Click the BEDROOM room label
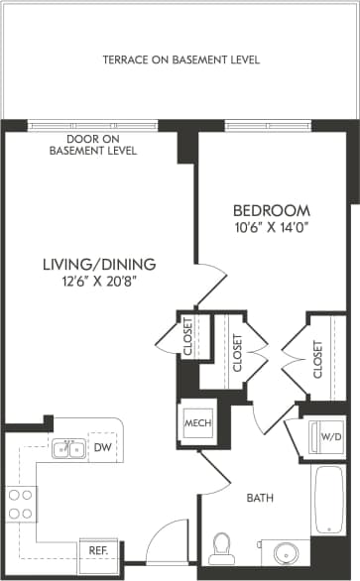point(271,211)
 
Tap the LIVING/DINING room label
point(100,264)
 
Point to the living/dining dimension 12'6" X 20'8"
point(100,282)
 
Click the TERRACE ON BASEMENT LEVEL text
point(180,60)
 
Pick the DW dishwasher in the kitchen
point(101,448)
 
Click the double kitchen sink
point(67,451)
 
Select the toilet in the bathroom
point(222,549)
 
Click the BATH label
point(261,498)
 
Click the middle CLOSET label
point(237,352)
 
